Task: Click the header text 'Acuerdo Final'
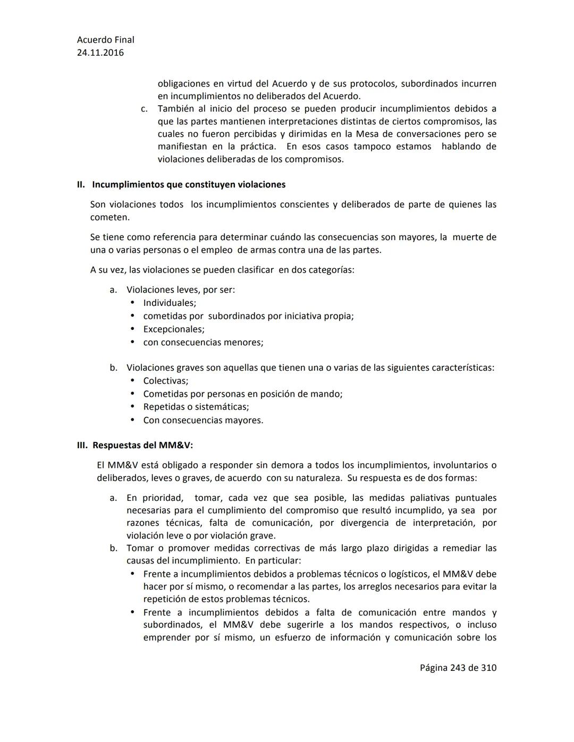pos(105,40)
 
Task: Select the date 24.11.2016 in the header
pos(100,53)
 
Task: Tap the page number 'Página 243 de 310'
pos(458,668)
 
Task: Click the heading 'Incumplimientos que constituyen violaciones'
pos(189,184)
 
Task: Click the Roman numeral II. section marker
pos(81,184)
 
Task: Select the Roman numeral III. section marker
pos(82,445)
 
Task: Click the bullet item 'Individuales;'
pos(170,303)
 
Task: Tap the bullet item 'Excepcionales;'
pos(174,329)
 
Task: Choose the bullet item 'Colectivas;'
pos(166,381)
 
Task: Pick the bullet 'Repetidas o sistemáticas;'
pos(196,407)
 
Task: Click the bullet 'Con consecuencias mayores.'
pos(203,420)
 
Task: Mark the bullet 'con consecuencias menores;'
pos(203,342)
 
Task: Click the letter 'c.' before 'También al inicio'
pos(144,109)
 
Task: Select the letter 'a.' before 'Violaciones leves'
pos(113,289)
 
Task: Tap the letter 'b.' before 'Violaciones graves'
pos(113,368)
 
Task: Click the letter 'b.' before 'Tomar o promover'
pos(113,548)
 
